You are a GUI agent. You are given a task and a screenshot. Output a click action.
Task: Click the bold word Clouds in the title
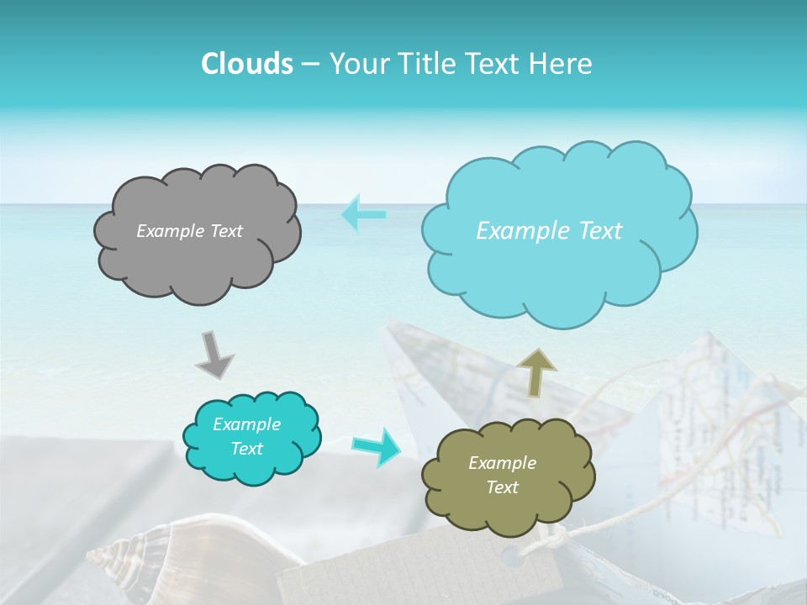click(x=246, y=64)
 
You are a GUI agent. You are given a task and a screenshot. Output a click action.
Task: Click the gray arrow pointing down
click(x=214, y=354)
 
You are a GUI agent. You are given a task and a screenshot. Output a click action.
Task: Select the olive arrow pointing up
click(x=536, y=371)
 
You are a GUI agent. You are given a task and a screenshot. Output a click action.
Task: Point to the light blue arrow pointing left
click(x=363, y=214)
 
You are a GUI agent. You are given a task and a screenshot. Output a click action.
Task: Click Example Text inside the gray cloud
click(x=189, y=231)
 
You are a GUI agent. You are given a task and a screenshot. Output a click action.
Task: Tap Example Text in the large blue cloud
click(x=549, y=231)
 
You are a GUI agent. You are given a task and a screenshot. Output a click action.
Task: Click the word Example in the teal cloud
click(x=246, y=424)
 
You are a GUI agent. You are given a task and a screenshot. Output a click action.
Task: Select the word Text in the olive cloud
click(x=502, y=487)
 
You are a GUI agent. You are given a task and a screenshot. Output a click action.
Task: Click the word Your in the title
click(x=355, y=64)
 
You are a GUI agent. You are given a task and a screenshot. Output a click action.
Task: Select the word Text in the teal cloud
click(x=246, y=449)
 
